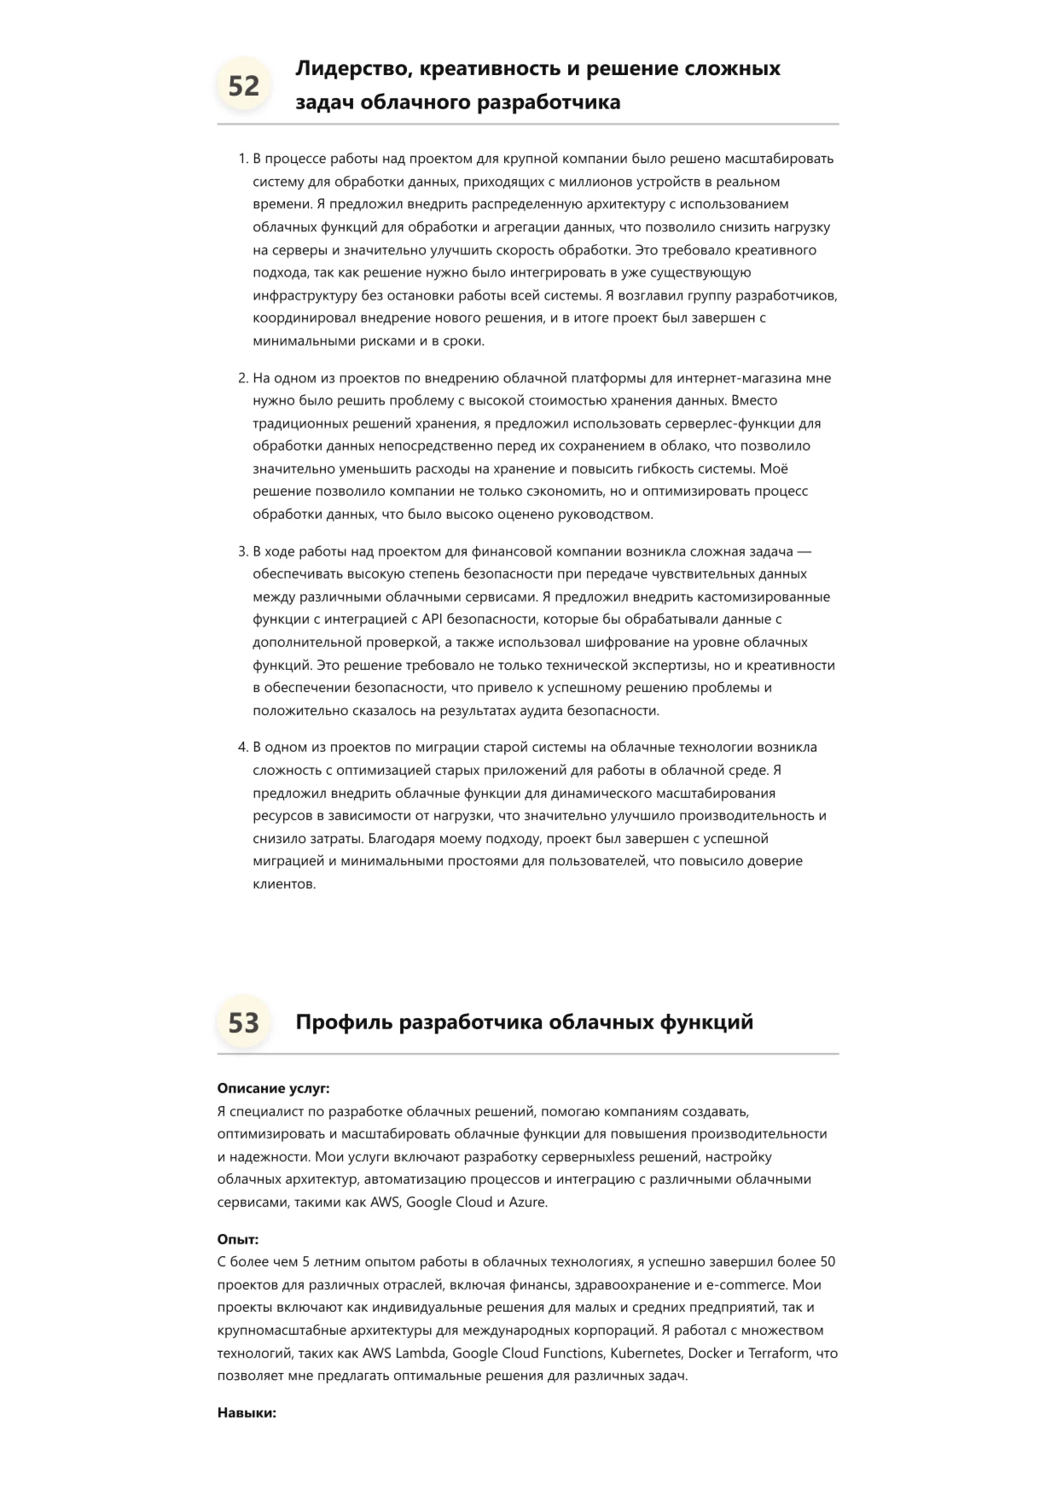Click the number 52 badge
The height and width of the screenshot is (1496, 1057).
pyautogui.click(x=244, y=85)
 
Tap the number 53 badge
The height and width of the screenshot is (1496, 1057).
pyautogui.click(x=244, y=1022)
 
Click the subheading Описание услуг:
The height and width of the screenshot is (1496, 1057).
pyautogui.click(x=273, y=1088)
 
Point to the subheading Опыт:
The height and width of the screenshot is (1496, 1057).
pyautogui.click(x=238, y=1239)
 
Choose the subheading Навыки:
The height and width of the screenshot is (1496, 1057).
pyautogui.click(x=247, y=1412)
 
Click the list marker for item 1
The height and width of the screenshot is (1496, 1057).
pyautogui.click(x=242, y=159)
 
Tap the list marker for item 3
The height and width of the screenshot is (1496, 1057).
pyautogui.click(x=242, y=551)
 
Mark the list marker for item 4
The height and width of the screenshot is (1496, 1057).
pyautogui.click(x=242, y=748)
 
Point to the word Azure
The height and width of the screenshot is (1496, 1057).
pyautogui.click(x=527, y=1202)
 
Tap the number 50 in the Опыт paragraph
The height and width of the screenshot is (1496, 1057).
pyautogui.click(x=828, y=1261)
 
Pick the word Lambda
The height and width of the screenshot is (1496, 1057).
pyautogui.click(x=420, y=1353)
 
